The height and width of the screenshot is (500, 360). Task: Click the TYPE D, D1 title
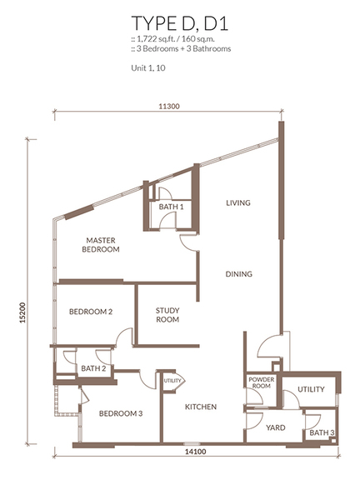click(x=180, y=23)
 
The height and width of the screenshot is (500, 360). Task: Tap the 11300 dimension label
click(x=169, y=107)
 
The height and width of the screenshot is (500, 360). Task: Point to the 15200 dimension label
click(x=22, y=312)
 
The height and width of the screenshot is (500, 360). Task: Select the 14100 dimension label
click(x=196, y=452)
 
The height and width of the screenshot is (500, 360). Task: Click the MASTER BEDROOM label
click(x=101, y=244)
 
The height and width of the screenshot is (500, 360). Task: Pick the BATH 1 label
click(x=171, y=207)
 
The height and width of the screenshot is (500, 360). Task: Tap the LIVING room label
click(x=238, y=202)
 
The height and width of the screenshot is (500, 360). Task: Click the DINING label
click(x=239, y=274)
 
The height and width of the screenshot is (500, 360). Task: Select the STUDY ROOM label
click(x=167, y=315)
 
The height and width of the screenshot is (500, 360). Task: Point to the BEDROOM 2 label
click(x=91, y=312)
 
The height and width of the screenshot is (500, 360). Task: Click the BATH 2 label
click(x=93, y=368)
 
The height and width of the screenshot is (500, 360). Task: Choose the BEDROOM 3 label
click(x=121, y=413)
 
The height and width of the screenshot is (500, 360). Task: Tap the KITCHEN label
click(x=201, y=407)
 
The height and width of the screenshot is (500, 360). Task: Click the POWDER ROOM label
click(x=262, y=382)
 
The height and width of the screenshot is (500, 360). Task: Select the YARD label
click(x=276, y=427)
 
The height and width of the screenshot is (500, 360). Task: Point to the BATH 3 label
click(x=322, y=432)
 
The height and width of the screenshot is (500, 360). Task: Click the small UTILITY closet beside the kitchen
click(x=172, y=381)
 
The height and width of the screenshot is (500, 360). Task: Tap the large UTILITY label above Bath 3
click(x=311, y=389)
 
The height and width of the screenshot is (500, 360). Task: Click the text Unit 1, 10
click(x=148, y=68)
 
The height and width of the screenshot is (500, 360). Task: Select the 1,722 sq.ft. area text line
click(x=172, y=39)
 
